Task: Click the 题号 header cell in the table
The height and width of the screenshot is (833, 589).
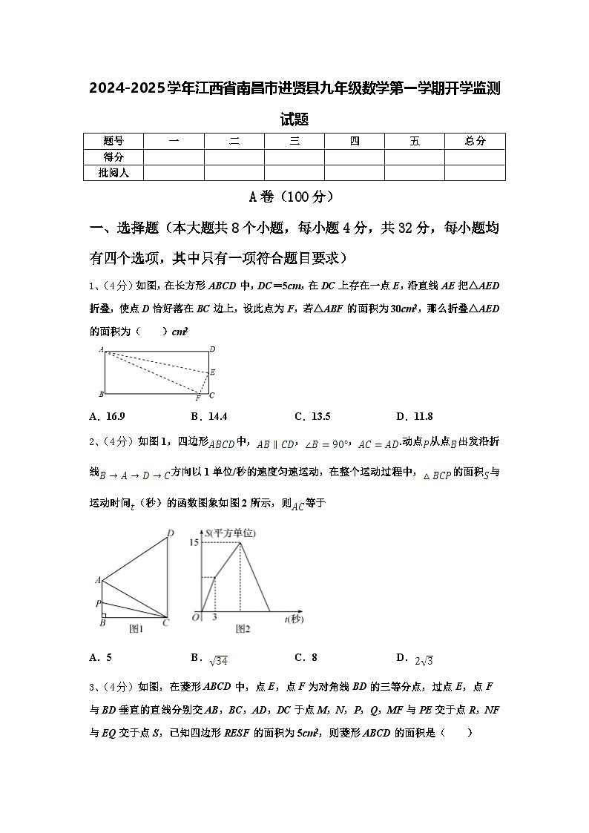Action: coord(113,141)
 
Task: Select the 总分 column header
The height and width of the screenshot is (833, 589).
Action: coord(475,141)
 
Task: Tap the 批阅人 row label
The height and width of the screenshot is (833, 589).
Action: coord(113,173)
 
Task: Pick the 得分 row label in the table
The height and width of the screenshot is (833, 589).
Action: coord(113,157)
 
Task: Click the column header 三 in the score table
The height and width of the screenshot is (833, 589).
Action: coord(294,141)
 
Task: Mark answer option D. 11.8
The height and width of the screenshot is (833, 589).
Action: coord(414,416)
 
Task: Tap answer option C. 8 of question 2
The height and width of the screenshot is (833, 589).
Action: coord(306,657)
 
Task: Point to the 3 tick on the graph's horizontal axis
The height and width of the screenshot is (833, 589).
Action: coord(214,617)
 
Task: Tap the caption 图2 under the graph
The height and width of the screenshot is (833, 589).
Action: coord(243,629)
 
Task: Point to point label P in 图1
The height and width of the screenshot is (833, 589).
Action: coord(98,604)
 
